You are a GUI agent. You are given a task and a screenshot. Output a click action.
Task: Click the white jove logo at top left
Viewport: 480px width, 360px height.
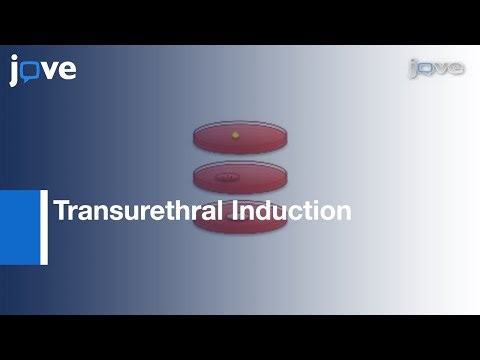(43, 70)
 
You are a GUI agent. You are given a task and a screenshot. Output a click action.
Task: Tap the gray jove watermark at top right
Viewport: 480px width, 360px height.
(436, 68)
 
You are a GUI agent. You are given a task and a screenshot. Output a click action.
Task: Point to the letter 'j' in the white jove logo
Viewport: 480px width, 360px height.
(15, 71)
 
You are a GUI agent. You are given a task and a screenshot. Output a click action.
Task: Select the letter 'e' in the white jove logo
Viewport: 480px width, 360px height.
(66, 72)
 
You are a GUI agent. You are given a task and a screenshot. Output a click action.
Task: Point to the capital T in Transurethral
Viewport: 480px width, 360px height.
(60, 212)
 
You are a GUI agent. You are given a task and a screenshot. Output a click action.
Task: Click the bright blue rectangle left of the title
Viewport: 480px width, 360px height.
(19, 227)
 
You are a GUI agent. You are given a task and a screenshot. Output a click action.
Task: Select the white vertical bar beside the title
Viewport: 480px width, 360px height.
(44, 227)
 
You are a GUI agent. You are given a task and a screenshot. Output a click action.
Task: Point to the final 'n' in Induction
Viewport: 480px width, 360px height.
(343, 214)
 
